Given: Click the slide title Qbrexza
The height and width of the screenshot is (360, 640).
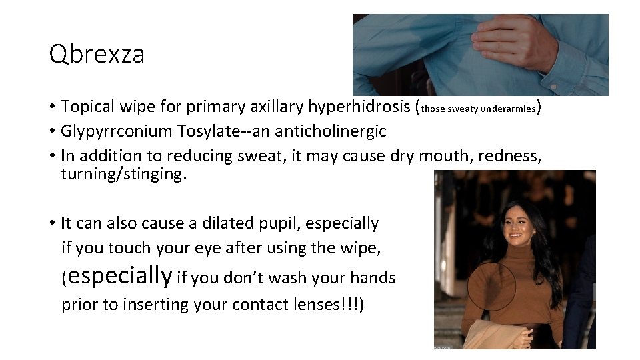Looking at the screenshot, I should [x=97, y=54].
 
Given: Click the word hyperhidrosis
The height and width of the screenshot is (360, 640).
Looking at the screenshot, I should [x=356, y=107].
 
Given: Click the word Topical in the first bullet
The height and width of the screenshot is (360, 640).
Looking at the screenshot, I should [x=88, y=107].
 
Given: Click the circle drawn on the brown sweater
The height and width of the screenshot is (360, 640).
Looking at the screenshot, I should [x=491, y=290].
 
